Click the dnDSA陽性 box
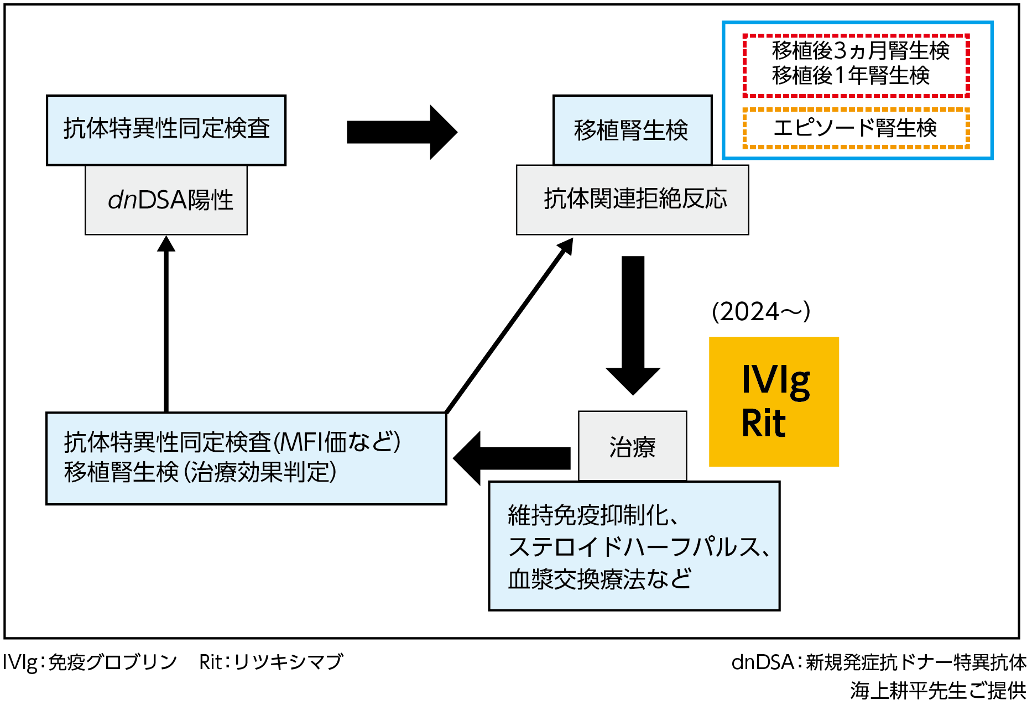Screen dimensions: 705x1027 click(x=166, y=200)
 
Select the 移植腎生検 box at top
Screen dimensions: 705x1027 click(x=632, y=130)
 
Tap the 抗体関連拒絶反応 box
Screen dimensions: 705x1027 click(x=632, y=200)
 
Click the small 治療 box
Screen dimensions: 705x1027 click(x=632, y=446)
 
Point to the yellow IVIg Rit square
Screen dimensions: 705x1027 click(x=774, y=401)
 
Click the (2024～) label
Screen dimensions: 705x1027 click(x=761, y=312)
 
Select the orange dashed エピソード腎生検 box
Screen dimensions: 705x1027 click(x=856, y=128)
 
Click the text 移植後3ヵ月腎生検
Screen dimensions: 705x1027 click(x=861, y=51)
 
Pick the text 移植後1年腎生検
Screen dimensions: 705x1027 click(x=851, y=76)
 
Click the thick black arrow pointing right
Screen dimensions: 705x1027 click(x=401, y=132)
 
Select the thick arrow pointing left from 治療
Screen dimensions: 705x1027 click(x=512, y=458)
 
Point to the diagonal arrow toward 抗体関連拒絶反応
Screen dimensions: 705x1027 click(x=509, y=326)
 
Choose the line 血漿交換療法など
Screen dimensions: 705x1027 click(x=599, y=579)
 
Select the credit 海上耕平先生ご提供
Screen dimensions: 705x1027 click(x=938, y=691)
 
